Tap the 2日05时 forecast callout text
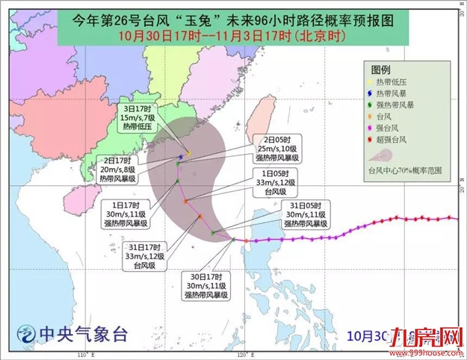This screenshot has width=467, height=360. [277, 149]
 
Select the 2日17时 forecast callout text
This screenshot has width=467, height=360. [120, 170]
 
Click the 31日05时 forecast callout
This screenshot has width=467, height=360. [306, 214]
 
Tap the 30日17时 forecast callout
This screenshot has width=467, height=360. [206, 286]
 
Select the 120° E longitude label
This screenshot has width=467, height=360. [241, 353]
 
